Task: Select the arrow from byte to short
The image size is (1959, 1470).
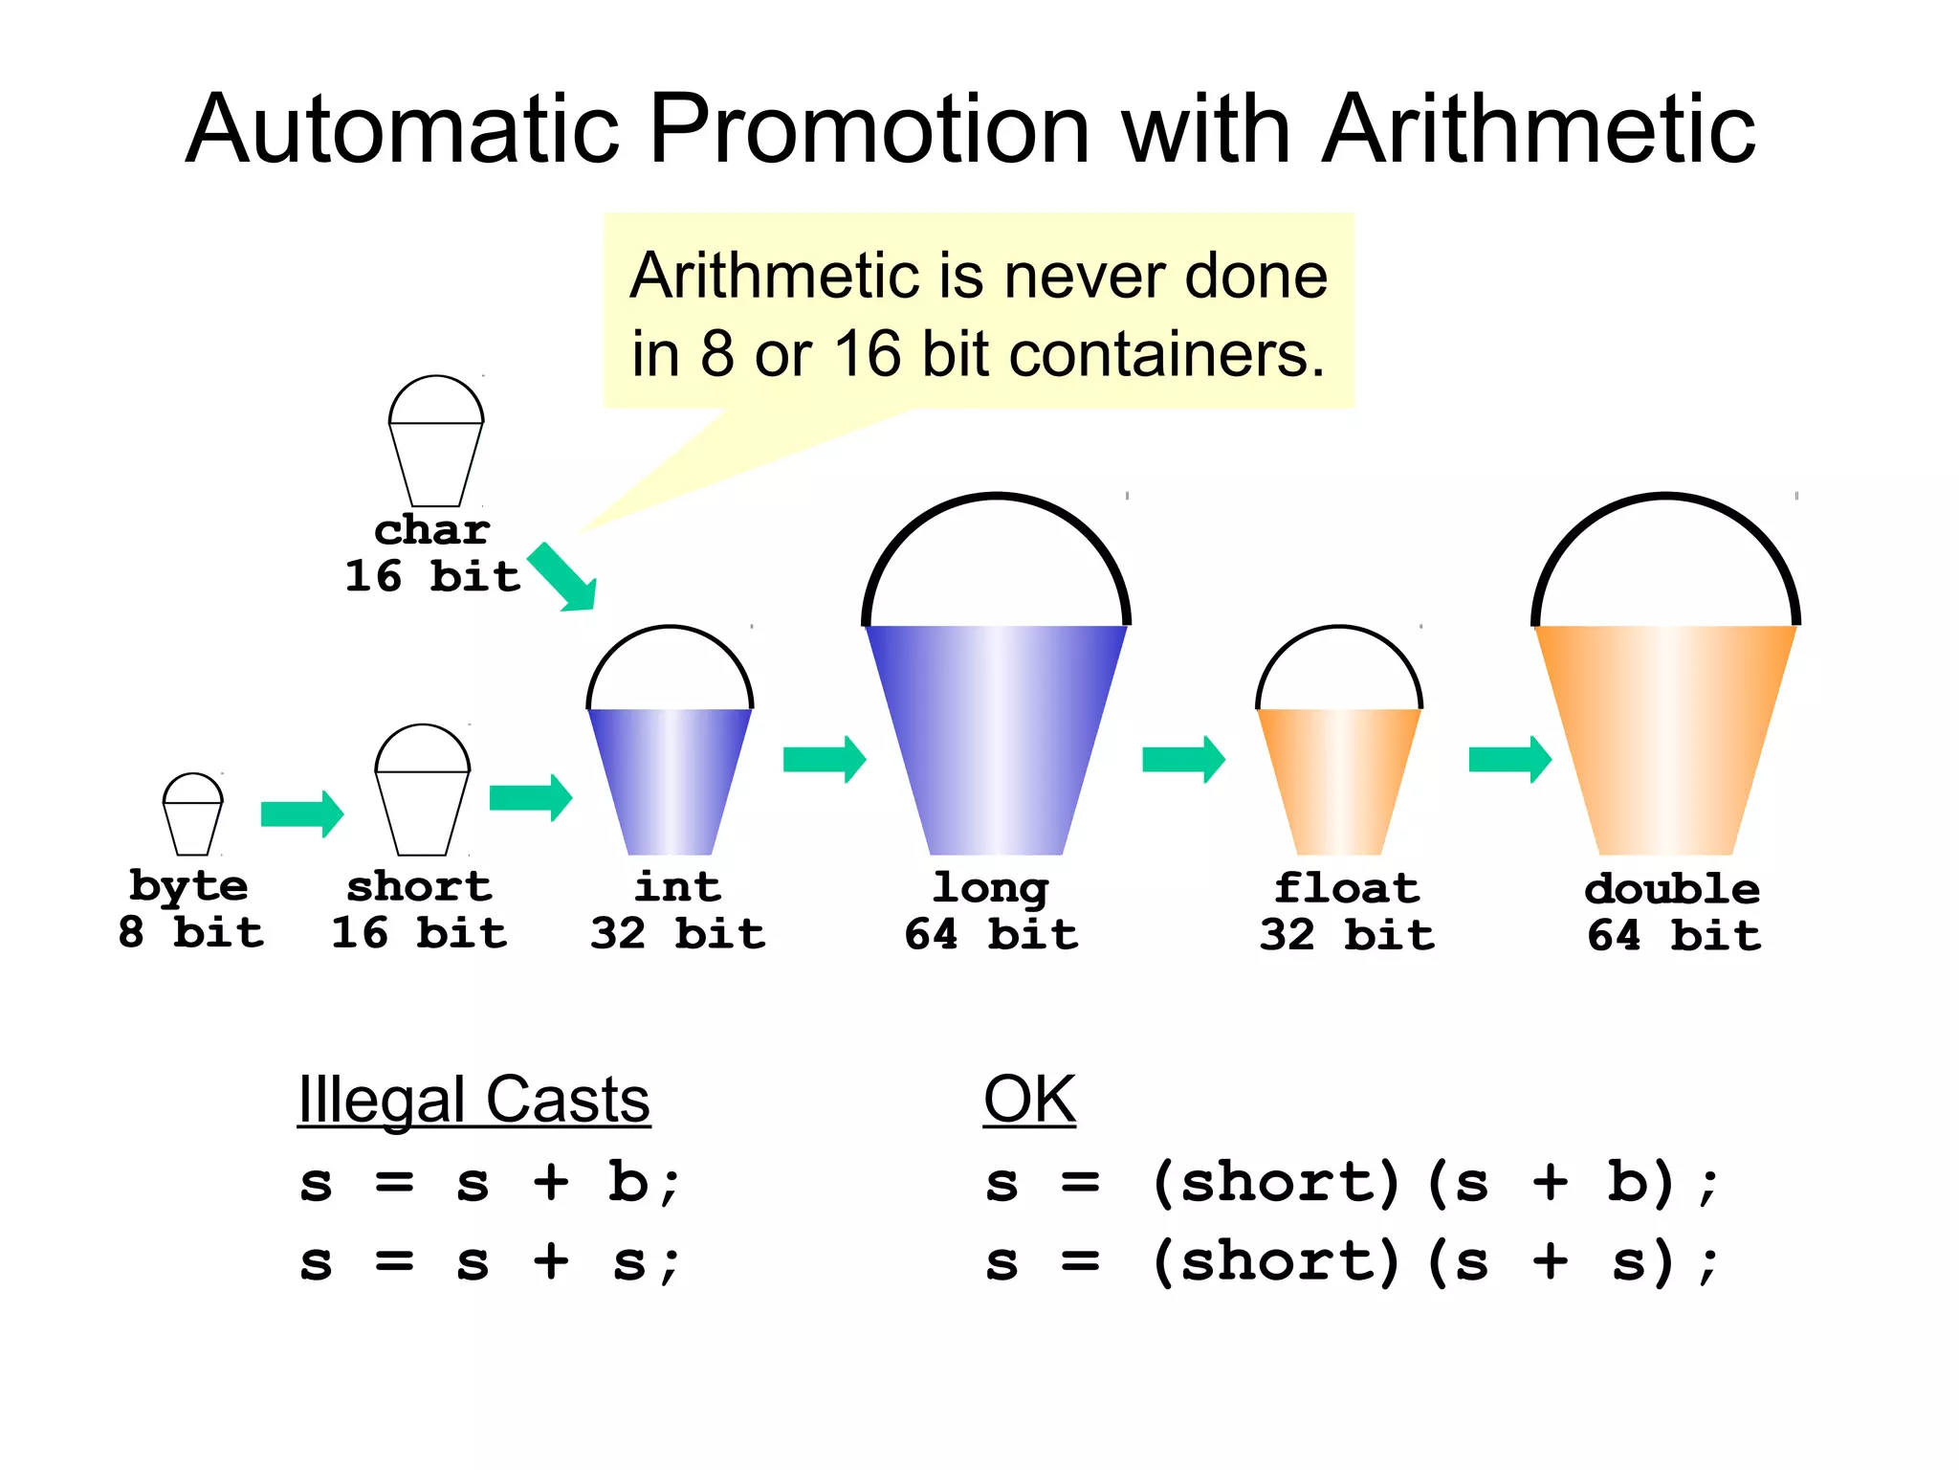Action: [302, 814]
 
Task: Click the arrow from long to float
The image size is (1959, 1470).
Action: [1183, 760]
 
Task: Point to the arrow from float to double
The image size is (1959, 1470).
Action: [1509, 760]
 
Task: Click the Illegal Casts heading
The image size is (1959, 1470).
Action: [473, 1100]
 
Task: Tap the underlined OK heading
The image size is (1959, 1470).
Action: [1029, 1100]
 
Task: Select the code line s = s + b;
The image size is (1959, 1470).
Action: [489, 1183]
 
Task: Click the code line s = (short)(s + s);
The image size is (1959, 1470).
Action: [1351, 1261]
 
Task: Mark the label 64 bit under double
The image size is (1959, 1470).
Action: [1673, 935]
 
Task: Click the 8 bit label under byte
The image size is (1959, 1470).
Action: [190, 932]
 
